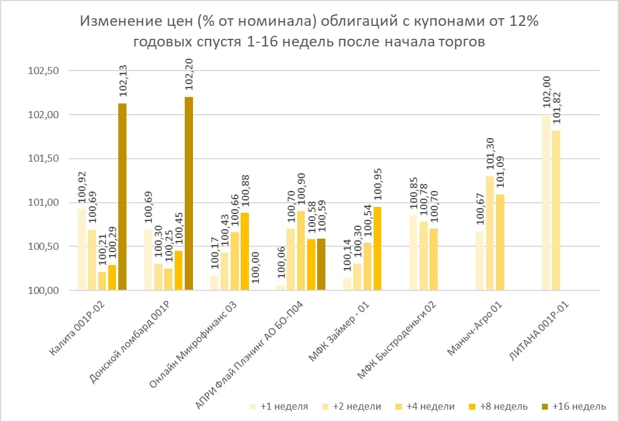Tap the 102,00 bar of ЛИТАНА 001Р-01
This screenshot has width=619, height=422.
click(x=545, y=202)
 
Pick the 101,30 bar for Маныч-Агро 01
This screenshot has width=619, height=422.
click(x=490, y=233)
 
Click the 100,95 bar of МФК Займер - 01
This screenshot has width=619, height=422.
click(x=377, y=248)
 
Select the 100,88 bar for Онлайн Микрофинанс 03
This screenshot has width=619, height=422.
click(x=245, y=251)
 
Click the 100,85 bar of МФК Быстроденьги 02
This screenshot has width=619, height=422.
click(x=413, y=253)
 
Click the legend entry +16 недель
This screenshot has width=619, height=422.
click(x=580, y=406)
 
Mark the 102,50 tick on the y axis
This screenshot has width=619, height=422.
click(x=45, y=71)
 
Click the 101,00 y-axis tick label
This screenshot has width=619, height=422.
click(x=45, y=202)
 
